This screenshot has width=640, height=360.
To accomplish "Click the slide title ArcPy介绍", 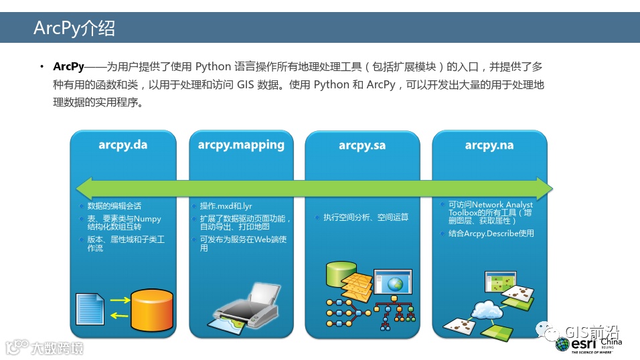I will click(74, 28).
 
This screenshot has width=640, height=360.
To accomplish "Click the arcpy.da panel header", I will click(123, 145).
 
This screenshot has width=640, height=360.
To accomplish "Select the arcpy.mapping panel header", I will click(241, 145).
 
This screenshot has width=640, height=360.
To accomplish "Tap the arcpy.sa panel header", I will click(362, 145).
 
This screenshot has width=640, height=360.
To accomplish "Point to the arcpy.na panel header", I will click(489, 145).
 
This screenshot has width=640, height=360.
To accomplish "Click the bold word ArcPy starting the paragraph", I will click(68, 67).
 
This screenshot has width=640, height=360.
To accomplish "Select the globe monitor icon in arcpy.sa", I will click(394, 284).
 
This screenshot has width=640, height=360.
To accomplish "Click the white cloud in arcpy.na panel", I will click(490, 310).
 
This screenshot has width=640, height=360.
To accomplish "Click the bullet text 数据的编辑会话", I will click(114, 206).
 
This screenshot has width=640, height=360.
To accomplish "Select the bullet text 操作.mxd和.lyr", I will click(226, 206).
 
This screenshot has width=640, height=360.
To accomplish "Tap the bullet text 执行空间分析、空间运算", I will click(366, 217).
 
